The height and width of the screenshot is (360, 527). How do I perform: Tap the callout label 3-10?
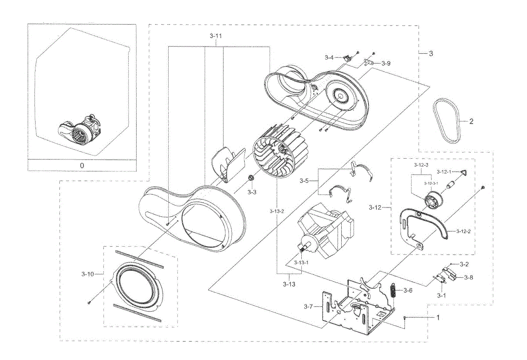tap(87, 274)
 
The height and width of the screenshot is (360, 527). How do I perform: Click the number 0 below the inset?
tap(82, 165)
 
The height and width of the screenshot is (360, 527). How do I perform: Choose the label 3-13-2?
tap(277, 211)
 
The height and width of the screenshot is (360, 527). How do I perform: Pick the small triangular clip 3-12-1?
tap(464, 172)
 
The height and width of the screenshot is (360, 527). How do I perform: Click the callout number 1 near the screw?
tap(437, 317)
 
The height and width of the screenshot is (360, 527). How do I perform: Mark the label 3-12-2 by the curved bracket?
tap(463, 232)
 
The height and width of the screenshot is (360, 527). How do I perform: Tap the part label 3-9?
tap(386, 63)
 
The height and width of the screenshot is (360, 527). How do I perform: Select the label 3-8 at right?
tap(469, 277)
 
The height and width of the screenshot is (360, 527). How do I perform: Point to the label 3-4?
tap(329, 58)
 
